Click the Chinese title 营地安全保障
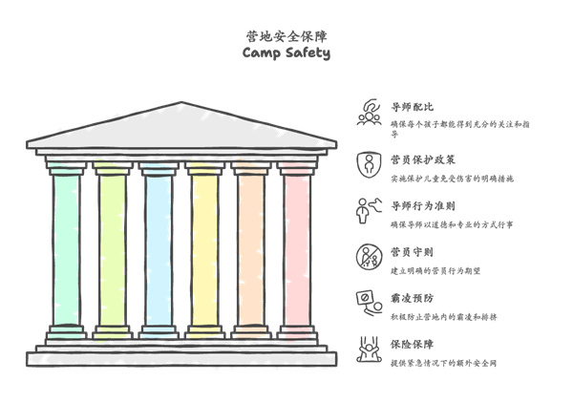click(x=285, y=35)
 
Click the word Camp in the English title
click(x=262, y=53)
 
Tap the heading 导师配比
click(x=413, y=108)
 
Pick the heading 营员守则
click(x=413, y=253)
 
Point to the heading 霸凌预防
click(x=413, y=299)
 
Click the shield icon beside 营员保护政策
click(x=368, y=163)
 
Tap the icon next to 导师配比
click(x=368, y=113)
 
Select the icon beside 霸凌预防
click(x=368, y=303)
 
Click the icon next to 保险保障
click(x=368, y=349)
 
